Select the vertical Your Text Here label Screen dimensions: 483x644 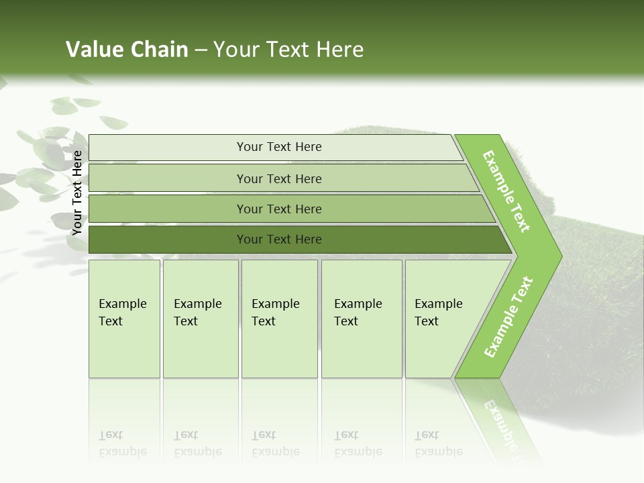click(x=77, y=193)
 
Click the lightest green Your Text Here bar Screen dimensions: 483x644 click(x=279, y=147)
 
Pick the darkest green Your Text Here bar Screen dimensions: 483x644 click(x=279, y=239)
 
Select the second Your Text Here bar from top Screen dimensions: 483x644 click(x=279, y=178)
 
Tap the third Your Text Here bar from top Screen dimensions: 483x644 click(x=279, y=209)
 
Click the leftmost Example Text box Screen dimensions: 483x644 click(x=124, y=319)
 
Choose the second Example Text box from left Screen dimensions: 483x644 click(x=200, y=319)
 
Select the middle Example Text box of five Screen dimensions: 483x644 click(x=279, y=319)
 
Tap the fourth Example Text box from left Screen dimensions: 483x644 click(x=361, y=319)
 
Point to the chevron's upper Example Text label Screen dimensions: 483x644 click(x=506, y=191)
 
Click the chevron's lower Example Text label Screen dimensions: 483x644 click(x=508, y=317)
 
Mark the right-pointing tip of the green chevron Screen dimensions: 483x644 click(x=560, y=256)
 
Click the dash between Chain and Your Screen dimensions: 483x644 click(x=201, y=50)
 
